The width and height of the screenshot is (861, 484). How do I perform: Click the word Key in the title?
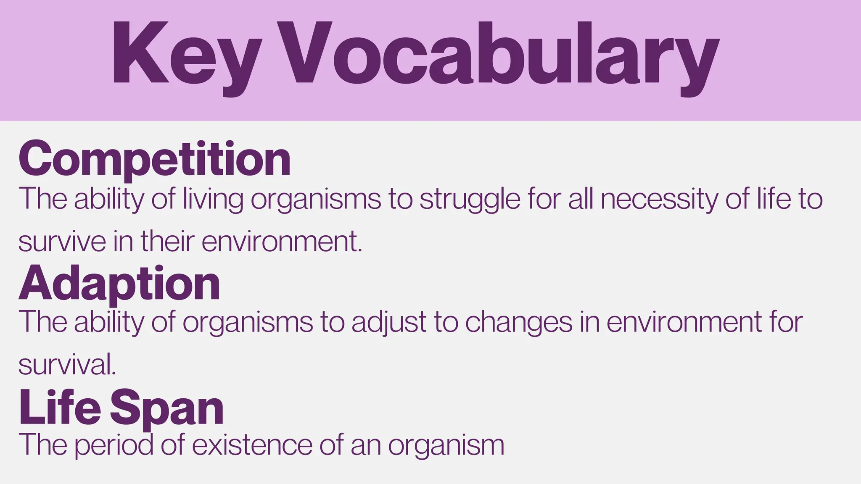click(185, 55)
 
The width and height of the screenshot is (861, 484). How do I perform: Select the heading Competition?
click(154, 159)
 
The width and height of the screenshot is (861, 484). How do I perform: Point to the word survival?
click(65, 364)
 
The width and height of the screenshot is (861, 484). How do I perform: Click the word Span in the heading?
click(167, 408)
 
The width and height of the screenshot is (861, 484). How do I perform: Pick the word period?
click(114, 445)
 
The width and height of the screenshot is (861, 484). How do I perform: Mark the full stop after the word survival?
click(114, 373)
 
